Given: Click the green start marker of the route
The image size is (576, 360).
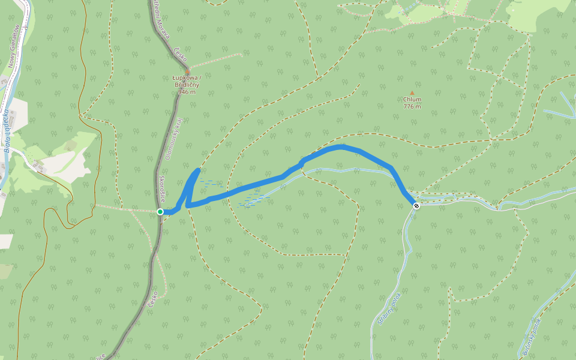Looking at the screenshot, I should coord(160,212).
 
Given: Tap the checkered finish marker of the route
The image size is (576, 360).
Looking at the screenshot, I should coord(416,205).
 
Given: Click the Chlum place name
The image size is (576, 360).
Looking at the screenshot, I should coord(412,100).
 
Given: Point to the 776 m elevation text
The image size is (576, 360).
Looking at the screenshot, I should coord(412,107).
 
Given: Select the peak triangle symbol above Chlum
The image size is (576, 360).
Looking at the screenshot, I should coord(412,92).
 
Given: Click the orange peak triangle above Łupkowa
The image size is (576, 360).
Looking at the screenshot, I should coord(187,71).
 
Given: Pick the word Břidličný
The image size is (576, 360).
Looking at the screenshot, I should coord(187,85).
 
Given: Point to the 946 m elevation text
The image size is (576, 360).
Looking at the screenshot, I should coord(187,92).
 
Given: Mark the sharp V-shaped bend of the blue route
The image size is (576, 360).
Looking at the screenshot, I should coord(188,205).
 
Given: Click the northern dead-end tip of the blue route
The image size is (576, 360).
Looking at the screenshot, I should coord(197,170).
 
